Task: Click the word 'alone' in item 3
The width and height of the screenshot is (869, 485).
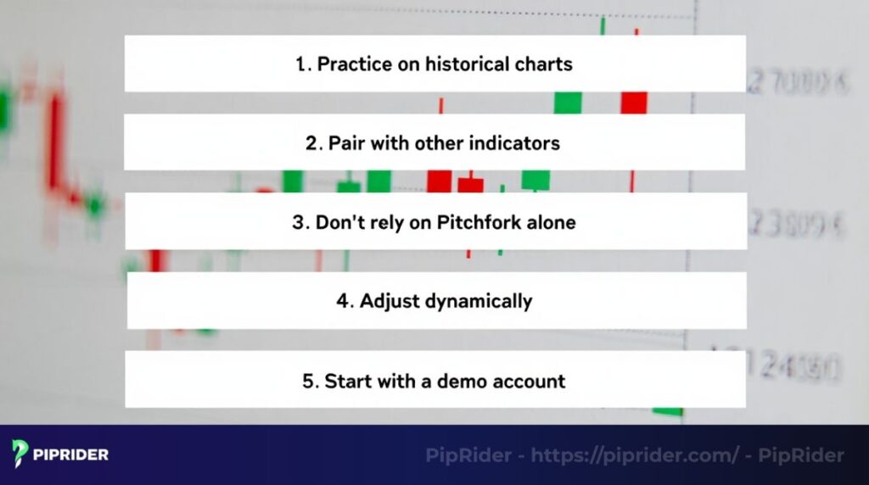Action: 549,222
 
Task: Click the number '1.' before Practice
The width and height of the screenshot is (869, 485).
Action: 303,64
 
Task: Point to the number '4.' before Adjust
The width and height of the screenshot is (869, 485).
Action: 344,301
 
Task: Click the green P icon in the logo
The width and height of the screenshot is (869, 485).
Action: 20,454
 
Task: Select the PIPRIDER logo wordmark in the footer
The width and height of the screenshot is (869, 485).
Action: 70,454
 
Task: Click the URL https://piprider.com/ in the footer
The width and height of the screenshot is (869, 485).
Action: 635,455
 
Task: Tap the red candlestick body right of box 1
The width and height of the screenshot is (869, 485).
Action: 634,102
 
